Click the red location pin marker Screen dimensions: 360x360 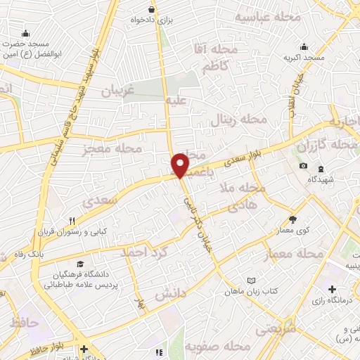point(181,165)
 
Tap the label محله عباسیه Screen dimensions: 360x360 point(267,15)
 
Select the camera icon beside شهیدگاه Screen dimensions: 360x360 point(303,165)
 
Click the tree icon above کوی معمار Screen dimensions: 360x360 point(292,219)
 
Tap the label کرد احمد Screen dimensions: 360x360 point(143,252)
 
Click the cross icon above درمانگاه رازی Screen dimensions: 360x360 point(332,288)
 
